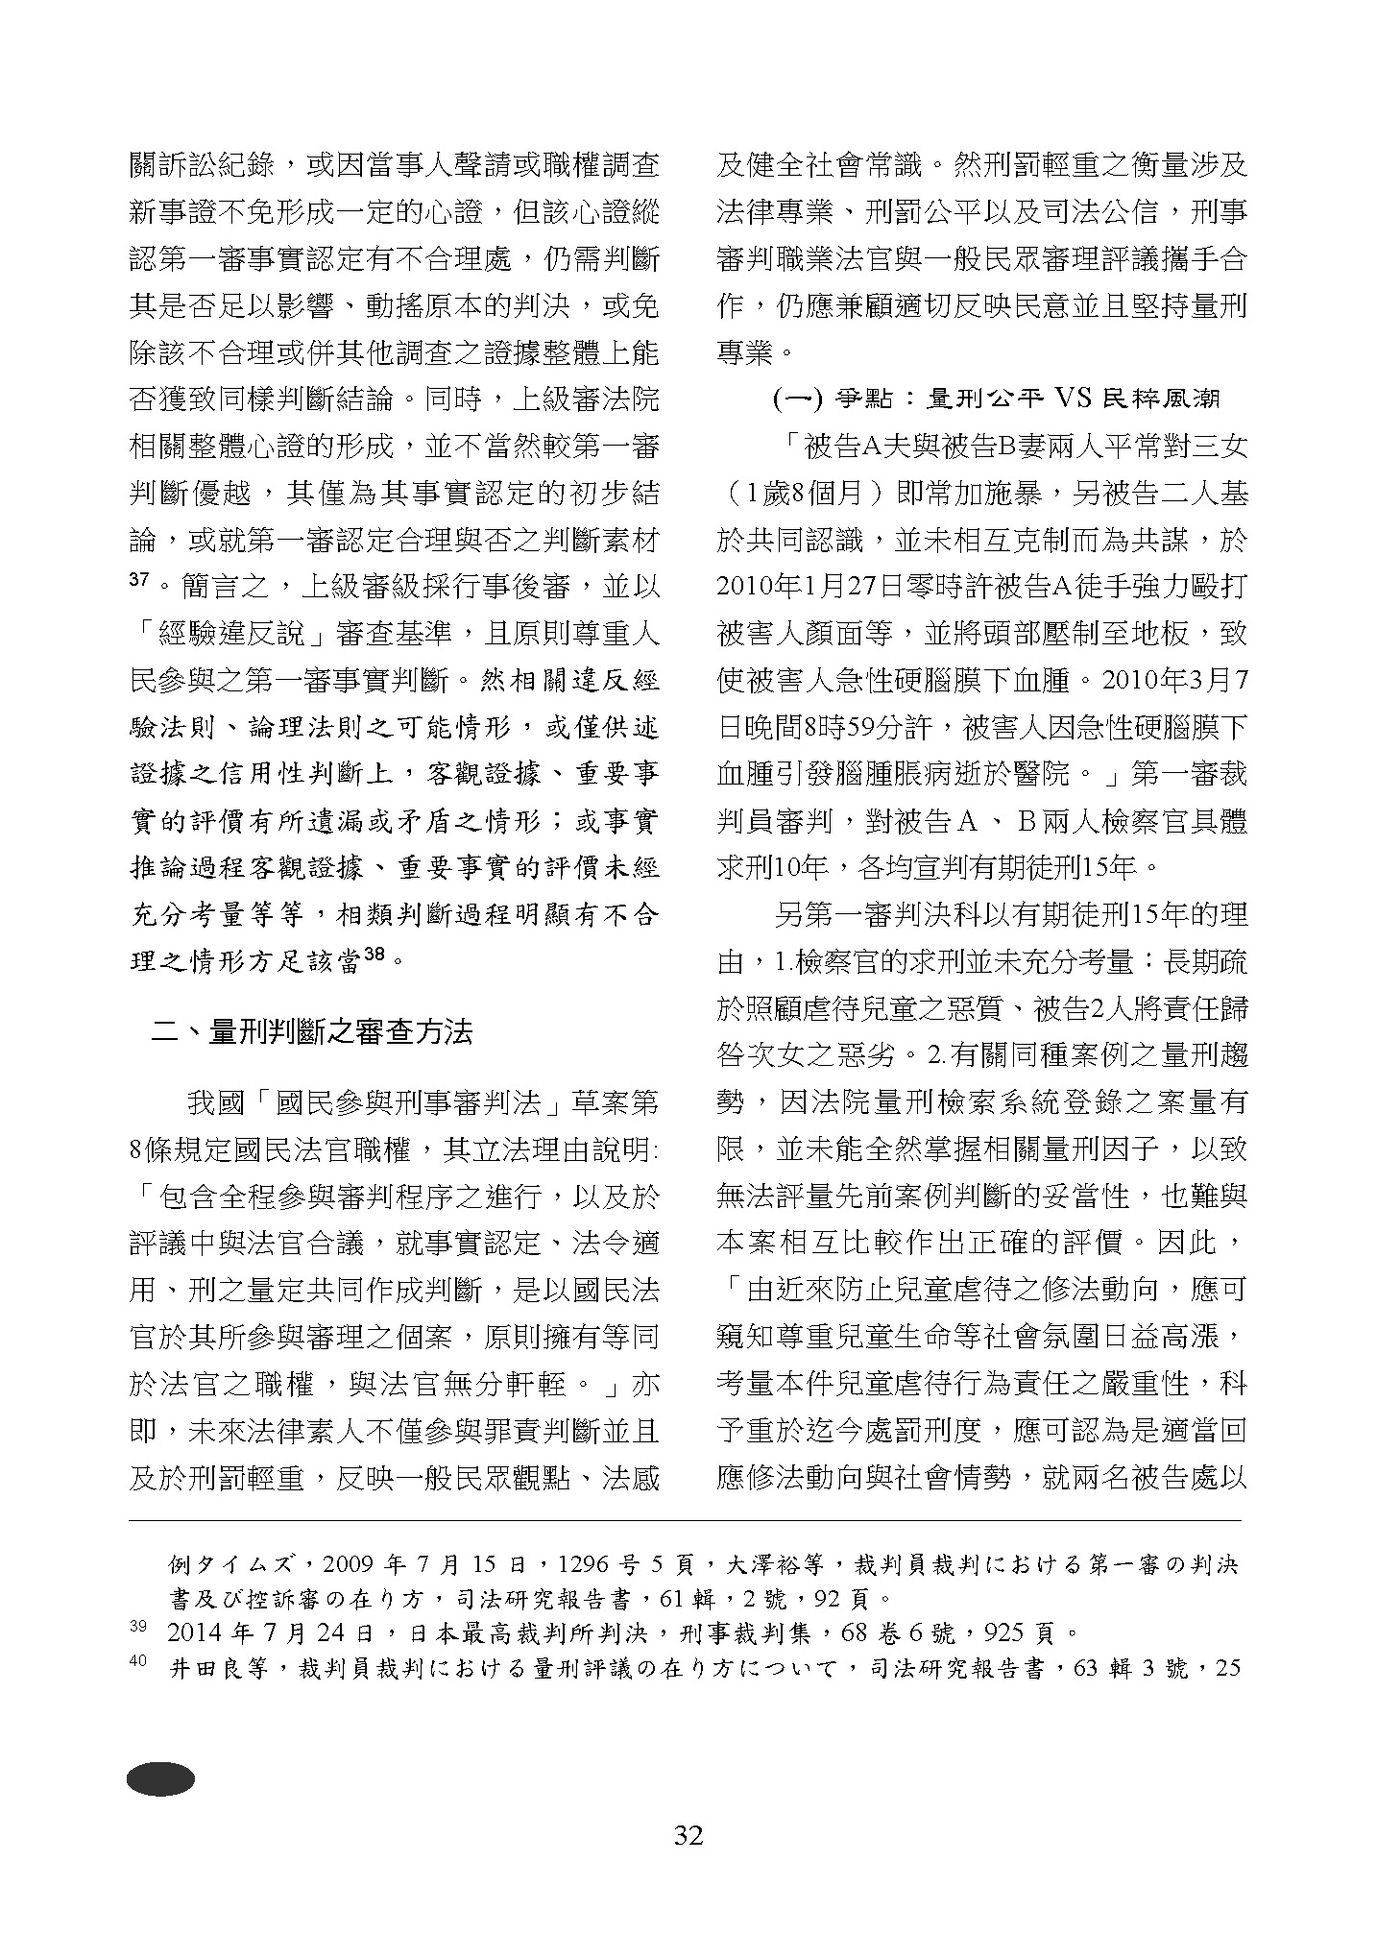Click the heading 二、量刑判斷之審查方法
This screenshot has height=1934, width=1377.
pos(313,1032)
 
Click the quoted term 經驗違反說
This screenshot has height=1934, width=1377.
pos(231,634)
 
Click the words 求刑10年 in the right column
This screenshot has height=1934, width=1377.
pos(773,868)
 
